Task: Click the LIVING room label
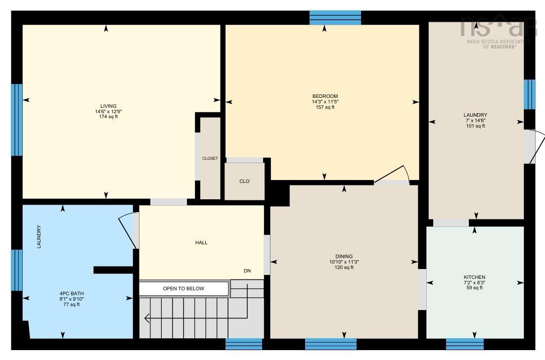[x=108, y=106]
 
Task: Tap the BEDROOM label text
[x=325, y=96]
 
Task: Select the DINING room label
[x=344, y=257]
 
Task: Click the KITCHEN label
[x=474, y=277]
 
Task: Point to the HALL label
[x=201, y=242]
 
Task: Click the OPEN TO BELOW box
[x=183, y=289]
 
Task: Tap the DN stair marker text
[x=247, y=270]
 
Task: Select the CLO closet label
[x=244, y=181]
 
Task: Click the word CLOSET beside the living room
[x=210, y=158]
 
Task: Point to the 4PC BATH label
[x=72, y=294]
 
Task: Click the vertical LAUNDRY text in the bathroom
[x=39, y=237]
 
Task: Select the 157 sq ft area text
[x=325, y=107]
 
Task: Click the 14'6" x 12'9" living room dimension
[x=108, y=112]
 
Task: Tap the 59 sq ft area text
[x=474, y=288]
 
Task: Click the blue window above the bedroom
[x=335, y=18]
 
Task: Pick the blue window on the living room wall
[x=17, y=120]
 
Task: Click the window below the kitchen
[x=465, y=344]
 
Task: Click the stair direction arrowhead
[x=147, y=318]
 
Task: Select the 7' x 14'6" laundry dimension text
[x=475, y=121]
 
